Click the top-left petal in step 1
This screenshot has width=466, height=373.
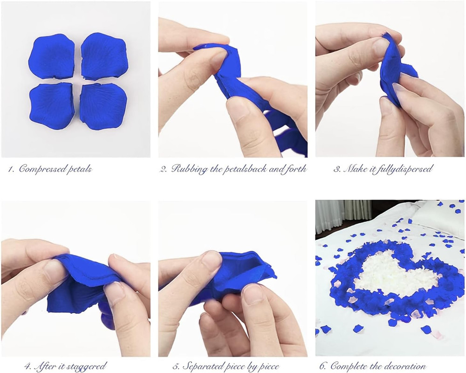pos(51,56)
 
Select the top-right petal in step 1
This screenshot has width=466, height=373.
pos(104,56)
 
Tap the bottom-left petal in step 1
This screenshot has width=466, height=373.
pos(52,105)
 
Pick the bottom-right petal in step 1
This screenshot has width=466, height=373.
pos(103,106)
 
